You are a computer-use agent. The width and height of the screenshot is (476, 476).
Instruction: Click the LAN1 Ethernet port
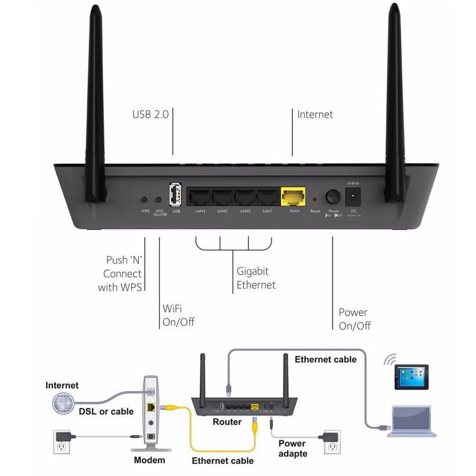(267, 197)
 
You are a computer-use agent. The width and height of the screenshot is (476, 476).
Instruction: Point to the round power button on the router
(333, 197)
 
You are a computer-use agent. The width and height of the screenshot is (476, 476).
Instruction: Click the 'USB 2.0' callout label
(150, 114)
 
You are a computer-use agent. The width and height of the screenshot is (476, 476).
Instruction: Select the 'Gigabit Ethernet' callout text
(256, 277)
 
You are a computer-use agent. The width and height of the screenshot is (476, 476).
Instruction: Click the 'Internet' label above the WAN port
(315, 114)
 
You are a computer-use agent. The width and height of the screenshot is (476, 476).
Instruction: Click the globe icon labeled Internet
(62, 403)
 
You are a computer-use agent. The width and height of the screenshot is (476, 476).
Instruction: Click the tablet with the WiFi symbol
(412, 377)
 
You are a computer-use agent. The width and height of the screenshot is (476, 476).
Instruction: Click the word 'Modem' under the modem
(149, 460)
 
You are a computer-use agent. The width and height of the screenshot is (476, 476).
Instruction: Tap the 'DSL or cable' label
(106, 412)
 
